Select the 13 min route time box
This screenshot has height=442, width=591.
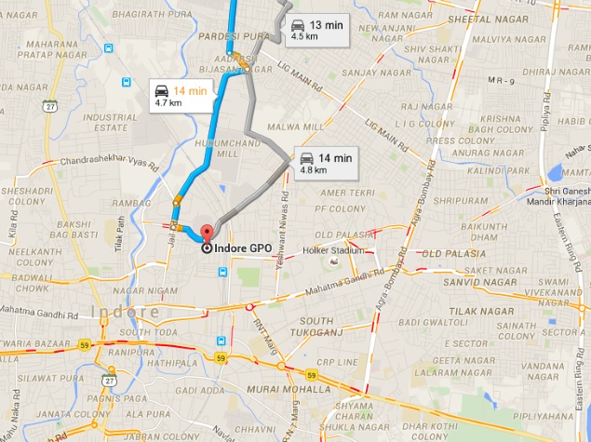tap(317, 30)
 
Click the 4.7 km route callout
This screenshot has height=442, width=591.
tap(182, 96)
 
